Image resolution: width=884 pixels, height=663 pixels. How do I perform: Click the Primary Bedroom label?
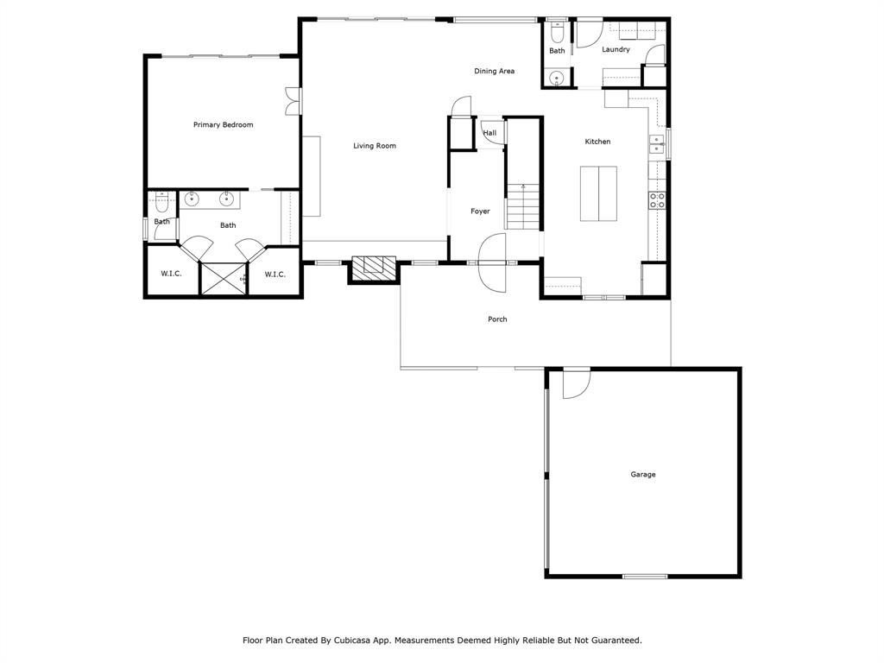coord(223,125)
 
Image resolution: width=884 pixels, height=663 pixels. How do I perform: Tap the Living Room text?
coord(375,146)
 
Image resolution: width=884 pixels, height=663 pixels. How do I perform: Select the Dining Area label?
coord(494,71)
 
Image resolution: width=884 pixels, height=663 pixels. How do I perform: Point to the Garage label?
coord(642,475)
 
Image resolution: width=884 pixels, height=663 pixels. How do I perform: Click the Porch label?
coord(497,319)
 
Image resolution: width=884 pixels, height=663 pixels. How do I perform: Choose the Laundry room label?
coord(616,50)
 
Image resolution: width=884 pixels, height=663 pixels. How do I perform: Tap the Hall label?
coord(489,133)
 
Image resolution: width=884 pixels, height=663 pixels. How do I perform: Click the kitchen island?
coord(598,194)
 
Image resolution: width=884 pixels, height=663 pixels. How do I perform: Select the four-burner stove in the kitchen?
coord(657,200)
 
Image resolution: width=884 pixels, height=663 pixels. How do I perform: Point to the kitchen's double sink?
coord(657,144)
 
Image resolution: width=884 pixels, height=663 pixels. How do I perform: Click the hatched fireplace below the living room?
coord(373,268)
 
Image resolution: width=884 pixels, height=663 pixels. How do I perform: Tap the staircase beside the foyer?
coord(522,207)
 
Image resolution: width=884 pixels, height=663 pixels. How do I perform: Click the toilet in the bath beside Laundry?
coord(557,34)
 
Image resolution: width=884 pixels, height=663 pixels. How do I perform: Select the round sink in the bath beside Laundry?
coord(557,79)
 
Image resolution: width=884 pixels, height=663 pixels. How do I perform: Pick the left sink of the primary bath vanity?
coord(192,199)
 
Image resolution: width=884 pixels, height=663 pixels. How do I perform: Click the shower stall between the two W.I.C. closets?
coord(223,279)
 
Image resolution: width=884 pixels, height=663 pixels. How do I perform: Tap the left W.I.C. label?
coord(170,275)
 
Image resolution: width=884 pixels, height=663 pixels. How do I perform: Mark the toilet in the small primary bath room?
coord(161,205)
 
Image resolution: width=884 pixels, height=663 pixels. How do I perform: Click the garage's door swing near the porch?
coord(575,383)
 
